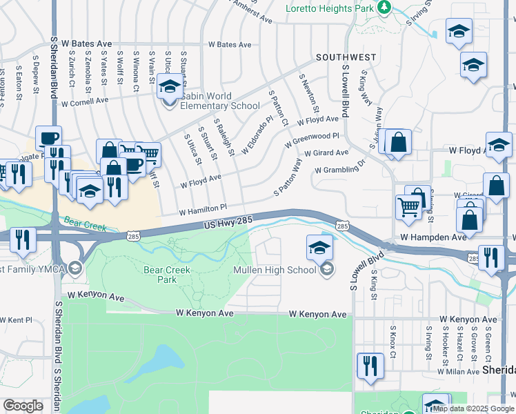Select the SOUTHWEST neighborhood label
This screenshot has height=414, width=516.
[346, 57]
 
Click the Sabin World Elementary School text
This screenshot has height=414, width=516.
[220, 101]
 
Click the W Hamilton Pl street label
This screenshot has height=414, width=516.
[203, 208]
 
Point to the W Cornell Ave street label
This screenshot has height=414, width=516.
[85, 102]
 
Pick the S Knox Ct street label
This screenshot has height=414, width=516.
[393, 342]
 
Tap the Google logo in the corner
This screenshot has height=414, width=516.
[23, 406]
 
